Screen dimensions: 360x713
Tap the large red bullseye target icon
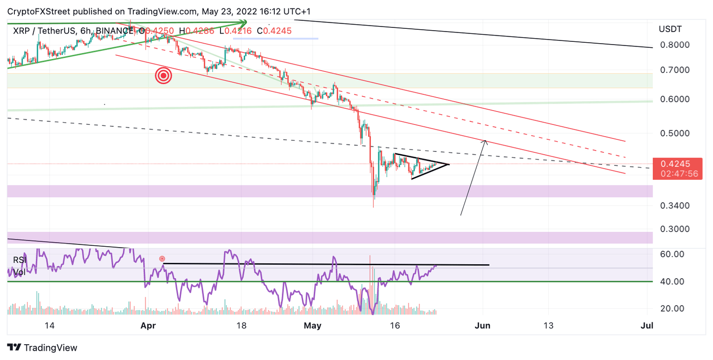pyautogui.click(x=163, y=76)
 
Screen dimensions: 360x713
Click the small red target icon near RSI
pyautogui.click(x=162, y=258)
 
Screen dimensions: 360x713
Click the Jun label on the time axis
pyautogui.click(x=483, y=326)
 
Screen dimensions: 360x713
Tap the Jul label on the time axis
pyautogui.click(x=647, y=326)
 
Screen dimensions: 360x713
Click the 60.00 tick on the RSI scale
pyautogui.click(x=672, y=255)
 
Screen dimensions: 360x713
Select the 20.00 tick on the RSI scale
pyautogui.click(x=672, y=308)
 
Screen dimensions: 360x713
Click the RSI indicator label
pyautogui.click(x=19, y=260)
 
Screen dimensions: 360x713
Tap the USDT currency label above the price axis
pyautogui.click(x=670, y=29)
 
